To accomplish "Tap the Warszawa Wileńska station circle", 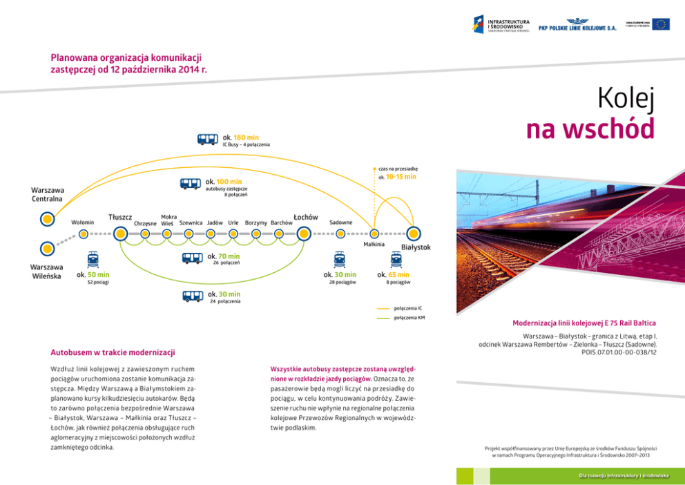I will pyautogui.click(x=47, y=247).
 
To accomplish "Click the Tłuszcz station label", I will pyautogui.click(x=120, y=218).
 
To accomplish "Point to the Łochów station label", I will pyautogui.click(x=305, y=217).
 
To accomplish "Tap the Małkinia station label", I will pyautogui.click(x=374, y=245).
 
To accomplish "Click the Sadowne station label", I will pyautogui.click(x=341, y=222).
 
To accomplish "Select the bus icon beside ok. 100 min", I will pyautogui.click(x=191, y=184).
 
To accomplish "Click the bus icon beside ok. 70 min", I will pyautogui.click(x=193, y=258).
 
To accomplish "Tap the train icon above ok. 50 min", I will pyautogui.click(x=93, y=260).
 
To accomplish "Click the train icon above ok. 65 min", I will pyautogui.click(x=396, y=260).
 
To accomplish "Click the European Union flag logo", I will pyautogui.click(x=661, y=24).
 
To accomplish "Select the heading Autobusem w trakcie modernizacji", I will pyautogui.click(x=113, y=353).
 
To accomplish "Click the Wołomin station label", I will pyautogui.click(x=83, y=222).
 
